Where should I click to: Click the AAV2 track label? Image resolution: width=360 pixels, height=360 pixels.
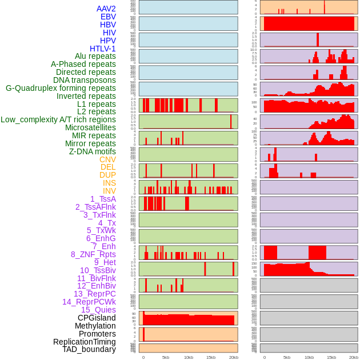pos(106,9)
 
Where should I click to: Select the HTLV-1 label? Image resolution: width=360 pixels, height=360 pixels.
pos(103,49)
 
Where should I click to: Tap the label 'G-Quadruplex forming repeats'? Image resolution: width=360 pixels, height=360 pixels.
pos(61,88)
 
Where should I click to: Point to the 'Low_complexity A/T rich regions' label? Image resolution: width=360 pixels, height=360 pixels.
pos(58,119)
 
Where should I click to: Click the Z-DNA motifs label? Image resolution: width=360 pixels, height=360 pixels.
pos(93,151)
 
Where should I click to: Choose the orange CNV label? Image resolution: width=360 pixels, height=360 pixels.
pos(107,159)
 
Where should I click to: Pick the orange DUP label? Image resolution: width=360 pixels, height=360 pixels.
pos(107,175)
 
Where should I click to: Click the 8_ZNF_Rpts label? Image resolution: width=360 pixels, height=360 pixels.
pos(93,254)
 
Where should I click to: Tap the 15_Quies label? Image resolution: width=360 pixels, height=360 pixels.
pos(98,310)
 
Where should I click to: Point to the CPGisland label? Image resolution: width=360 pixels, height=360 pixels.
pos(97,318)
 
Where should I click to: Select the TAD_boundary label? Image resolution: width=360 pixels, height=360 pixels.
pos(89,349)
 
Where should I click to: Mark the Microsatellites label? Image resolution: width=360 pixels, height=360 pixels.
pos(90,127)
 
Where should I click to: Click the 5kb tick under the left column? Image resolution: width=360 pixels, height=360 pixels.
pos(166,357)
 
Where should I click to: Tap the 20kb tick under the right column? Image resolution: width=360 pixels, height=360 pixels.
pos(354,357)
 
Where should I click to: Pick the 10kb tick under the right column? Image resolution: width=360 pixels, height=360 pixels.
pos(309,357)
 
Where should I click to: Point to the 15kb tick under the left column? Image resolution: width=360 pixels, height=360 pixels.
pos(211,357)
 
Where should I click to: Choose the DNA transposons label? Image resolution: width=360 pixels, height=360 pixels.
pos(85,80)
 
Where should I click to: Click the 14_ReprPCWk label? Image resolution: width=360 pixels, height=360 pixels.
pos(89,302)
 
